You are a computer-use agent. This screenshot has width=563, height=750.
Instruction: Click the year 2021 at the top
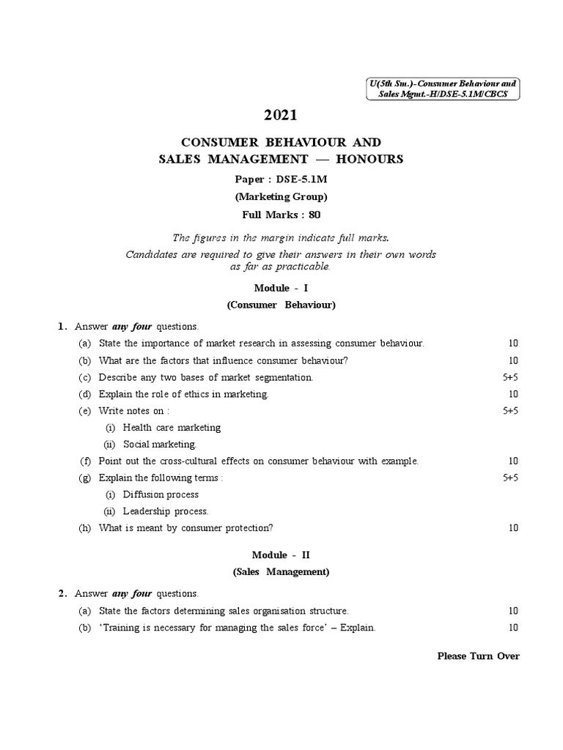tap(281, 115)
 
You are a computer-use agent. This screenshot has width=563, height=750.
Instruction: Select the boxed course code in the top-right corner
tap(442, 89)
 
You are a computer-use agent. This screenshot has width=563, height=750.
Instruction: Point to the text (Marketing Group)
tap(281, 196)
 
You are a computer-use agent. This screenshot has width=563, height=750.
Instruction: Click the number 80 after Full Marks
tap(314, 215)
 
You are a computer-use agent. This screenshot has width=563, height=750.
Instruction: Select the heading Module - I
tap(281, 289)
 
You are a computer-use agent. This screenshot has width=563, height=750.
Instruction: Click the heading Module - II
tap(281, 555)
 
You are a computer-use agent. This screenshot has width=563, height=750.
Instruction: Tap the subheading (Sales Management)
tap(281, 572)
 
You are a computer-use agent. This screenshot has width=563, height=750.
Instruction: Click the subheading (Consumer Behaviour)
tap(281, 305)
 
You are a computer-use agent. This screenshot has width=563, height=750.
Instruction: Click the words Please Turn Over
tap(478, 656)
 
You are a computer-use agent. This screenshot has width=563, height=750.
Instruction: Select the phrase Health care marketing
tap(172, 427)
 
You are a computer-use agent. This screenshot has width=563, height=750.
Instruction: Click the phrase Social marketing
tap(159, 444)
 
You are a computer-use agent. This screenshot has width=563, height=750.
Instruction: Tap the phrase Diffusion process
tap(161, 494)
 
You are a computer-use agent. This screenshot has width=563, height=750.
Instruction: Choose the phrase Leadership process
tap(166, 511)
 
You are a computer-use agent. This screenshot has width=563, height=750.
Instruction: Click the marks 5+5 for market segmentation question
tap(510, 377)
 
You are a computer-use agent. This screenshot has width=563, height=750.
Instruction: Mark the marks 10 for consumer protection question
tap(513, 528)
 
